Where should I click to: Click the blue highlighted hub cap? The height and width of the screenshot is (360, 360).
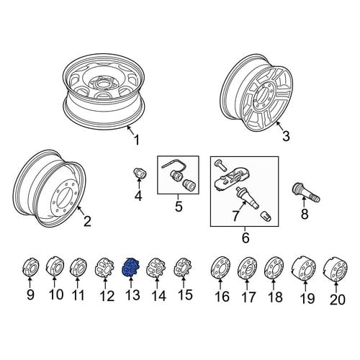(130, 267)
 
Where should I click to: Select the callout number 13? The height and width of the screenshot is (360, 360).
(132, 294)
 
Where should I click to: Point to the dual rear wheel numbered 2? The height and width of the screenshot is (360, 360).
(50, 189)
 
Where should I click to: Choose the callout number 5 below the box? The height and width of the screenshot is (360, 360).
(179, 207)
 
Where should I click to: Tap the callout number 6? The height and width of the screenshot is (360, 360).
(246, 238)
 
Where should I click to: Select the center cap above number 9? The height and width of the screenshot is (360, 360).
(31, 267)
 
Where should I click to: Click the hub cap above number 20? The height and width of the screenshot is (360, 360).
(336, 270)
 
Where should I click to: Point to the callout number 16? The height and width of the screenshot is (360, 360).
(222, 297)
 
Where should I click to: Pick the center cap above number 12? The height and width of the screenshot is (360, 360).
(104, 267)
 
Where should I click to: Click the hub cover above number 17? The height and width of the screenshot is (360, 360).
(247, 268)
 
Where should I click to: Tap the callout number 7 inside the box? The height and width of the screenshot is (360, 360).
(235, 216)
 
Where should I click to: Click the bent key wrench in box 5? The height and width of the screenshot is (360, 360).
(175, 165)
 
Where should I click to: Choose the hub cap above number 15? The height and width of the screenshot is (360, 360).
(183, 267)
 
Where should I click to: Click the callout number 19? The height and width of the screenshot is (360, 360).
(307, 299)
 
